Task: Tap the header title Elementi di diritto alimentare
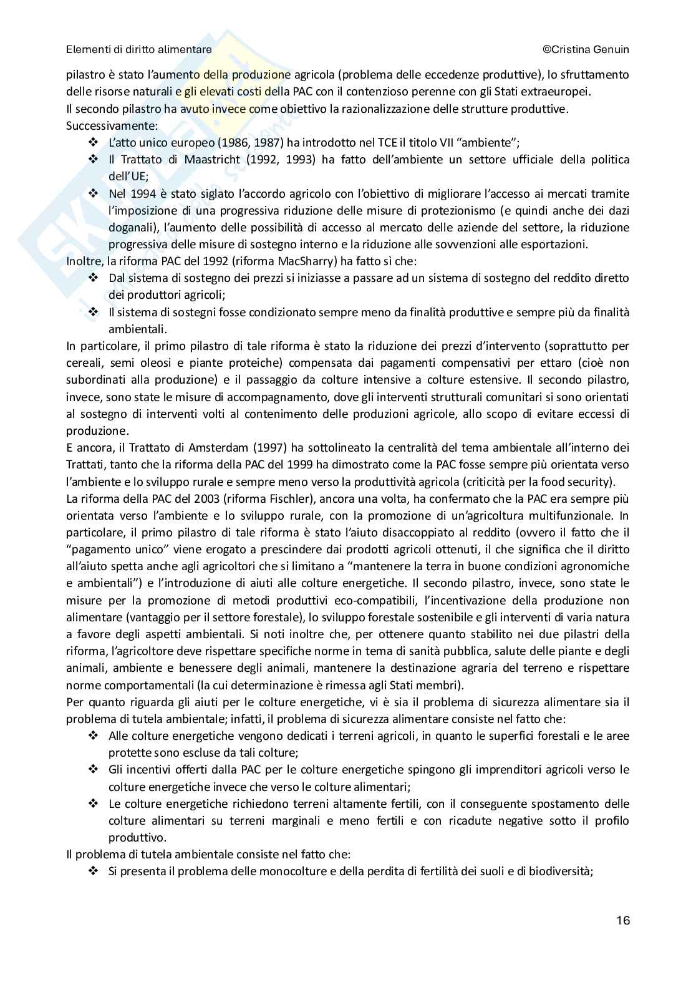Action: [x=139, y=49]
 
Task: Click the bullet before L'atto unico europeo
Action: [x=94, y=142]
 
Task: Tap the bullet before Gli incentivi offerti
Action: [x=94, y=769]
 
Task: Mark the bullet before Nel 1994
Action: [x=94, y=193]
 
